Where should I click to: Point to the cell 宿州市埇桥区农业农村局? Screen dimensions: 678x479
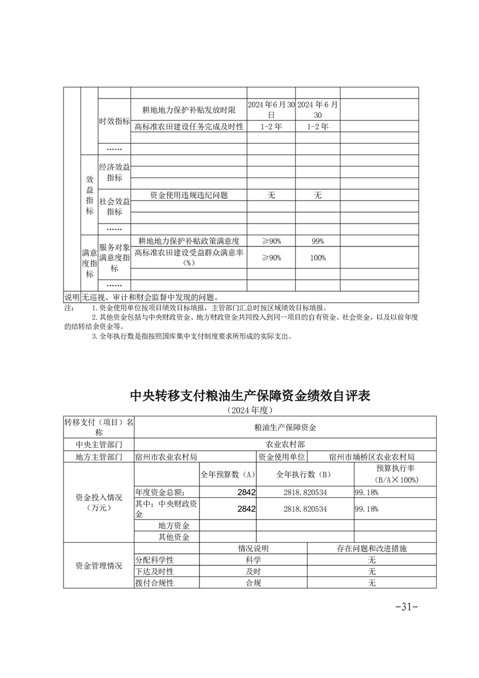pyautogui.click(x=371, y=457)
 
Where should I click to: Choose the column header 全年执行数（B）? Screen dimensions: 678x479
pyautogui.click(x=305, y=474)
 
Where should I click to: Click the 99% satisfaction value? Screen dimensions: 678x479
pyautogui.click(x=318, y=241)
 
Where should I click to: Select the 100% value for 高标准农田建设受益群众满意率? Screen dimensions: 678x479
pyautogui.click(x=318, y=257)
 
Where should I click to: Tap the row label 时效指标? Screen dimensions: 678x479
pyautogui.click(x=114, y=121)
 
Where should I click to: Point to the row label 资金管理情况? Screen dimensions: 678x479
pyautogui.click(x=98, y=566)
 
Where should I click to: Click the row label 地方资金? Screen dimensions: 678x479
pyautogui.click(x=174, y=525)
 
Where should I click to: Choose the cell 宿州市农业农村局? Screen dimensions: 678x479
pyautogui.click(x=167, y=457)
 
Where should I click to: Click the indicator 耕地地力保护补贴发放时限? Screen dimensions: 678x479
pyautogui.click(x=188, y=109)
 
